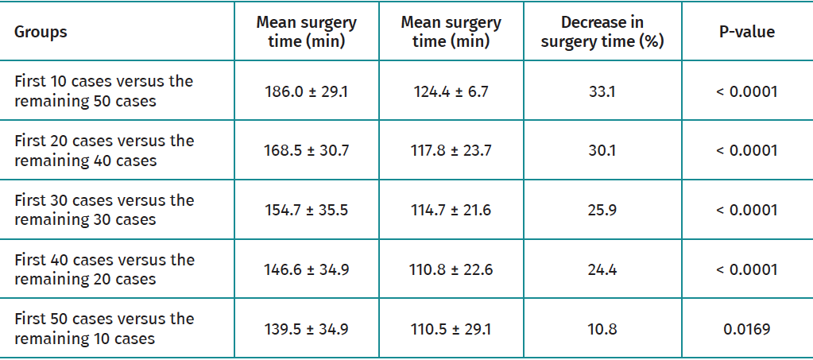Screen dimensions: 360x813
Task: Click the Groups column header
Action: pyautogui.click(x=41, y=33)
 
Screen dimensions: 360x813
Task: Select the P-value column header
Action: pyautogui.click(x=746, y=33)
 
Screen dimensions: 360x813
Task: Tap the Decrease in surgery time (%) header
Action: pyautogui.click(x=602, y=33)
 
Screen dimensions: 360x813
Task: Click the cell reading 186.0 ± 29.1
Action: pyautogui.click(x=306, y=91)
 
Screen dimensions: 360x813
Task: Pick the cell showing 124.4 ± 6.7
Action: pyautogui.click(x=451, y=91)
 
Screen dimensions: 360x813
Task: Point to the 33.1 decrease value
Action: pyautogui.click(x=602, y=91)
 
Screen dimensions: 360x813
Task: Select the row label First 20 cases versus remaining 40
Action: pyautogui.click(x=104, y=151)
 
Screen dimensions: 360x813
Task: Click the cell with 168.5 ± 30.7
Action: pyautogui.click(x=306, y=151)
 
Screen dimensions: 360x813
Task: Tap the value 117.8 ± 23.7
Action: pyautogui.click(x=451, y=151)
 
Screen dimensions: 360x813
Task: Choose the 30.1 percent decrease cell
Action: pyautogui.click(x=602, y=151)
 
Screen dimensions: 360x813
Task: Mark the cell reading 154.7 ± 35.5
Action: pyautogui.click(x=306, y=211)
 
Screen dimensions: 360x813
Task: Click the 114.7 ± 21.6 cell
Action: pyautogui.click(x=451, y=211)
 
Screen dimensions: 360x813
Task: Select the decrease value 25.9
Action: pyautogui.click(x=602, y=211)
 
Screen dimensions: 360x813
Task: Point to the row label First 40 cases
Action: pyautogui.click(x=104, y=269)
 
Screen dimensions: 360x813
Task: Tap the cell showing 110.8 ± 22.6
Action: pyautogui.click(x=451, y=269)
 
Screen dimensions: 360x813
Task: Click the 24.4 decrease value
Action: pyautogui.click(x=602, y=269)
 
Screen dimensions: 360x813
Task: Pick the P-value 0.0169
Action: pyautogui.click(x=746, y=328)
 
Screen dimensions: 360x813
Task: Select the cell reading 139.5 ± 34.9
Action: pyautogui.click(x=306, y=328)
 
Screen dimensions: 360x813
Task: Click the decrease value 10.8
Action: pyautogui.click(x=602, y=328)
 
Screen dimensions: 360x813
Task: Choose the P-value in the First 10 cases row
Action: pyautogui.click(x=746, y=91)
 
